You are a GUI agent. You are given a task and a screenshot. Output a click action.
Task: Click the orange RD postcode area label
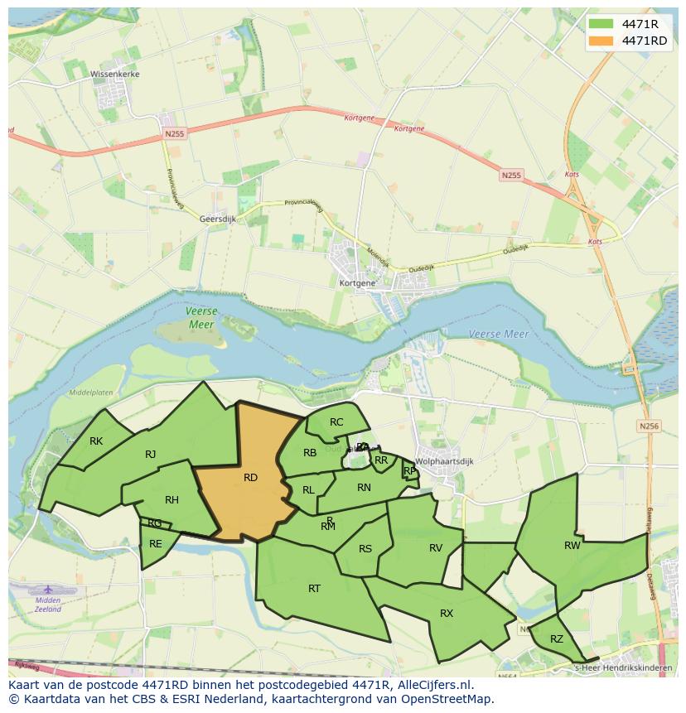pyautogui.click(x=250, y=478)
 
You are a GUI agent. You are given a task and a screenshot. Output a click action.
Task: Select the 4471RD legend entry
pyautogui.click(x=645, y=41)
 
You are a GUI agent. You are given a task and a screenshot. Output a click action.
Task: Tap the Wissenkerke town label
pyautogui.click(x=115, y=74)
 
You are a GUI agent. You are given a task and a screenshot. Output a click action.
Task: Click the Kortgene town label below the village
pyautogui.click(x=357, y=283)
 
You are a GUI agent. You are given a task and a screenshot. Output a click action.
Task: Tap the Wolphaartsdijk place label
pyautogui.click(x=444, y=461)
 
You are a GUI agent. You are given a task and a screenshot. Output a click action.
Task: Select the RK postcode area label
pyautogui.click(x=96, y=441)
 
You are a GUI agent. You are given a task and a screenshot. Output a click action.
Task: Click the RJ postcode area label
pyautogui.click(x=150, y=454)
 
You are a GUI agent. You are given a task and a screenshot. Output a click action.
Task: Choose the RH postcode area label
pyautogui.click(x=171, y=500)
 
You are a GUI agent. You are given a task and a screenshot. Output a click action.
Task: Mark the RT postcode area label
pyautogui.click(x=314, y=589)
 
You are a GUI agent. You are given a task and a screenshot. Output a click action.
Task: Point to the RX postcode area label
pyautogui.click(x=447, y=614)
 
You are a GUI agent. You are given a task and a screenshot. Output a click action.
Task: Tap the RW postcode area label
pyautogui.click(x=572, y=546)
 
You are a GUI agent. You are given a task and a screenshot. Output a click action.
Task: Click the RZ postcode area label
pyautogui.click(x=556, y=638)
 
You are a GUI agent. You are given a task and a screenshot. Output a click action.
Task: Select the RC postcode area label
pyautogui.click(x=336, y=422)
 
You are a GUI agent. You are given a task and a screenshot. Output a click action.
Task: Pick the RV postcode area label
pyautogui.click(x=436, y=548)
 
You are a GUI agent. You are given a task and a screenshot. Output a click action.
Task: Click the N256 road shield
pyautogui.click(x=649, y=426)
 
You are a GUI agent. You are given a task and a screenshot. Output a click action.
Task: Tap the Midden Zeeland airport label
pyautogui.click(x=48, y=604)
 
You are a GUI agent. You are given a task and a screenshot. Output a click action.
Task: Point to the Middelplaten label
pyautogui.click(x=91, y=393)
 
